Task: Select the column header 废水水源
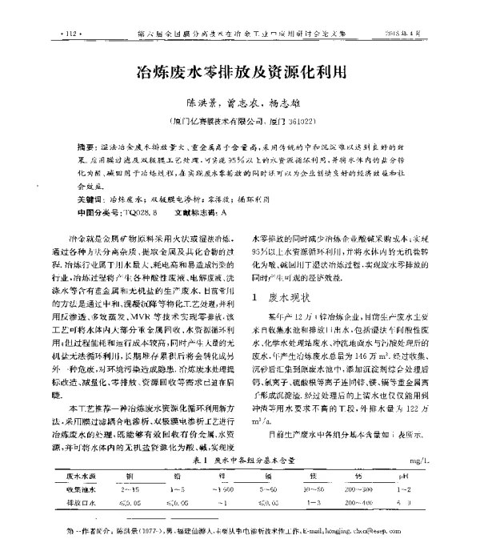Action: pos(84,475)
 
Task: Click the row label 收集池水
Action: pos(83,489)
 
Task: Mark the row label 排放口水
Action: pos(83,503)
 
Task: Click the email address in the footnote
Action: pos(377,531)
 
